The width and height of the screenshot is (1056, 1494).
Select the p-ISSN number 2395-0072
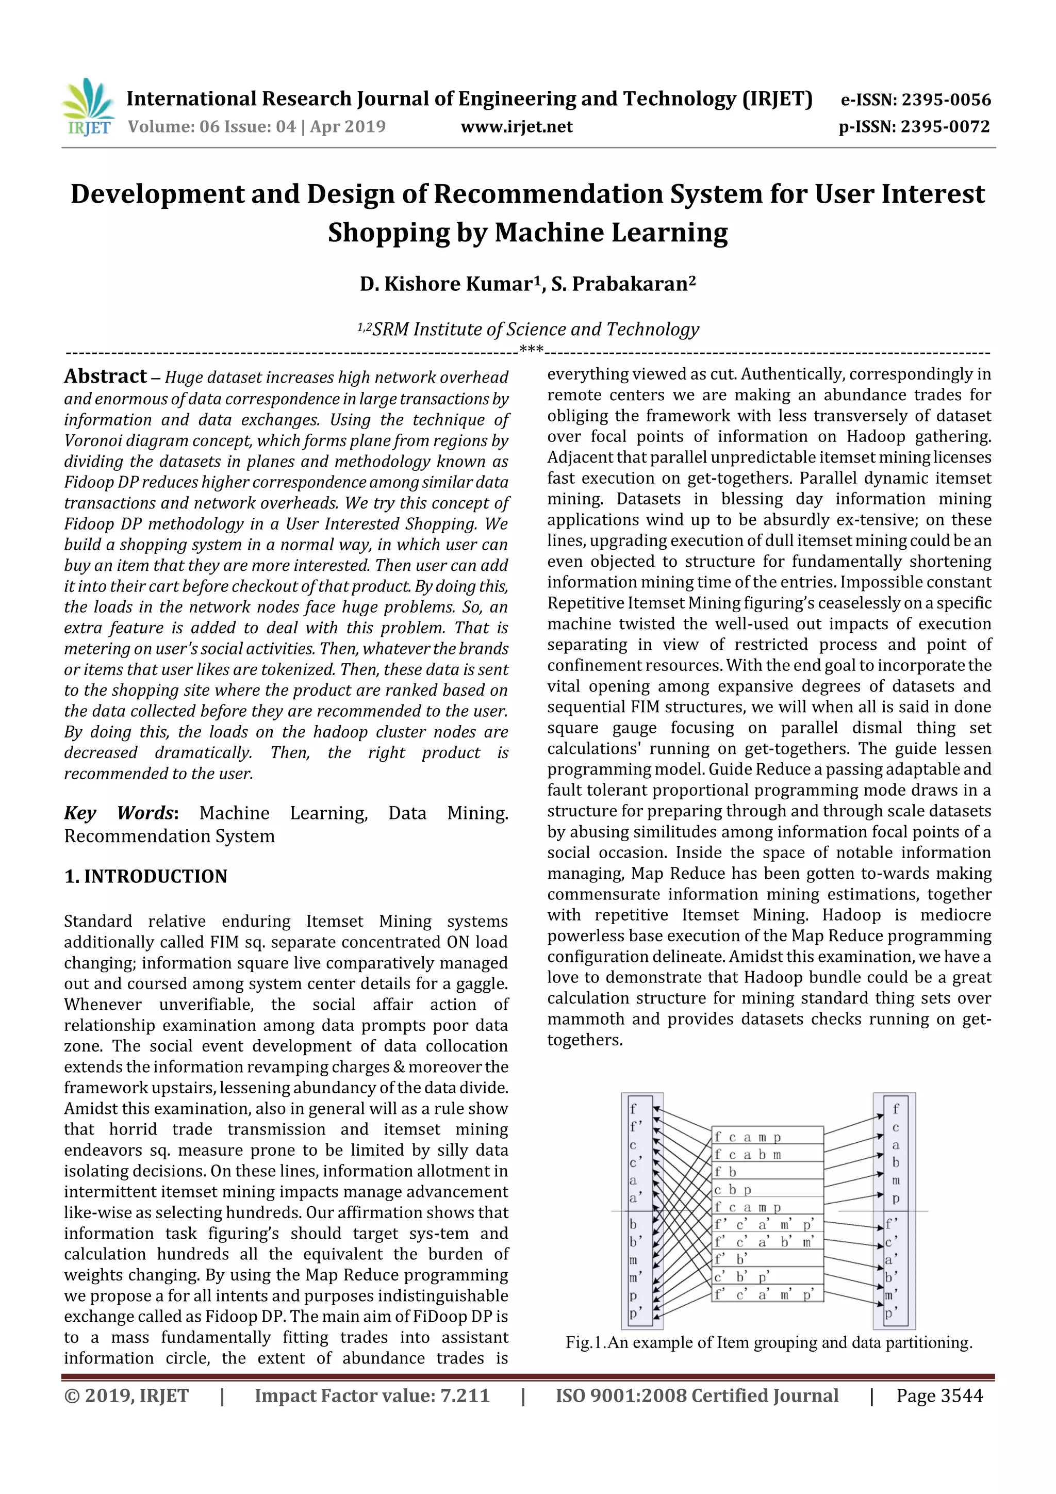(945, 127)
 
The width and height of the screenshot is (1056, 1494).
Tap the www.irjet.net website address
(517, 127)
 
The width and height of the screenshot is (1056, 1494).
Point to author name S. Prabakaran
(623, 284)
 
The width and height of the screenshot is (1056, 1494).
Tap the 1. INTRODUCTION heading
(146, 877)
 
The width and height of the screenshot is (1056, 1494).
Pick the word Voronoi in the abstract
(92, 440)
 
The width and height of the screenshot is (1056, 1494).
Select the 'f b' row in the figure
(768, 1172)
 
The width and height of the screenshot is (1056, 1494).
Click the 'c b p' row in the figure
(768, 1189)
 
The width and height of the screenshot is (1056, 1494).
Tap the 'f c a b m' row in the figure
(768, 1154)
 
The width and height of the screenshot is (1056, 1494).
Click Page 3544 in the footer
(939, 1396)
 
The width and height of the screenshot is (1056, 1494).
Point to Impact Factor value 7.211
(372, 1396)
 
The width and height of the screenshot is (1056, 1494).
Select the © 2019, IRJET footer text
(126, 1396)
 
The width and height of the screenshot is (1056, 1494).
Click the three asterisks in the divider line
(531, 350)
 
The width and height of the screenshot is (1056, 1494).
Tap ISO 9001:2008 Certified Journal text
(696, 1396)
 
